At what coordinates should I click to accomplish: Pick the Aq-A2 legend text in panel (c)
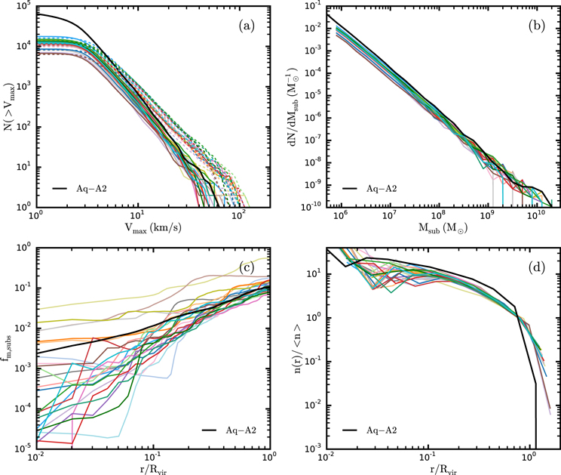pyautogui.click(x=241, y=430)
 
